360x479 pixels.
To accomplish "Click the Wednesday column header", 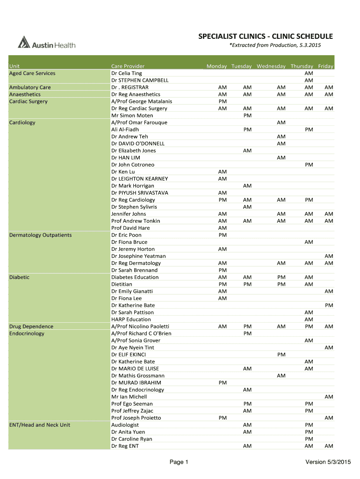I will click(271, 66).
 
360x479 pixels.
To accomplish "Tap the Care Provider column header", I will click(128, 66).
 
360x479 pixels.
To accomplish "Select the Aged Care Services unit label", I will click(32, 73).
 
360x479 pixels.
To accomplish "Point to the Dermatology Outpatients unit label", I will click(40, 235).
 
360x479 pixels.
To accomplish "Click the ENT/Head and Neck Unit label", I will click(40, 425).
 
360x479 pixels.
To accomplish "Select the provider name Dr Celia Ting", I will click(126, 73).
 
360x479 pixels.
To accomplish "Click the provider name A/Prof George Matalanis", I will click(141, 102).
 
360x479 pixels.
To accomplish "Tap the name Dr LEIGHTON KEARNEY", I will click(139, 179).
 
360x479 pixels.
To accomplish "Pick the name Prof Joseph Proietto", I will click(136, 418).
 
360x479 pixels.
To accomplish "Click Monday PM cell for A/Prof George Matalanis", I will click(223, 102).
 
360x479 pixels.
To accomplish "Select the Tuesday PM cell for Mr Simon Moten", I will click(247, 116).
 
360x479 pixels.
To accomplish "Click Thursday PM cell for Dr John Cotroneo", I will click(309, 165).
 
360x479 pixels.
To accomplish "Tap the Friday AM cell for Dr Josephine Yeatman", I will click(329, 256).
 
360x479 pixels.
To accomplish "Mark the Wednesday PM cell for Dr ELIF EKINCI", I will click(281, 355).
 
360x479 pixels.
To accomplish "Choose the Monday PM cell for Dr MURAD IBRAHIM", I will click(223, 383).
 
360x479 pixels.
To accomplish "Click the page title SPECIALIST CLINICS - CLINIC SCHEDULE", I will click(266, 36).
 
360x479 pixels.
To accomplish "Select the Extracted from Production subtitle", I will click(275, 45).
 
